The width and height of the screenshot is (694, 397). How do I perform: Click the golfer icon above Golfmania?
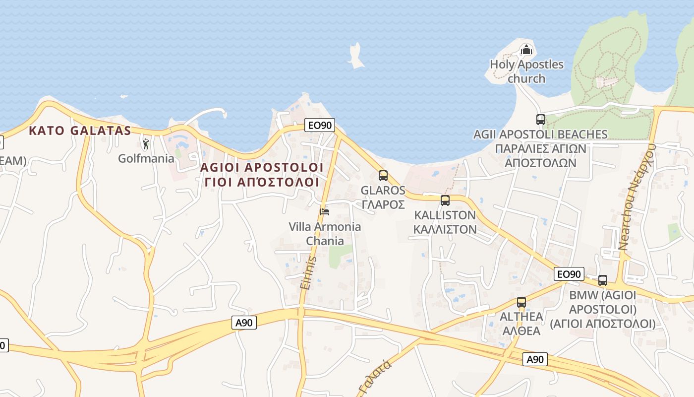point(146,144)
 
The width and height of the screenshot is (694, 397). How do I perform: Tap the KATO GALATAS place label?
point(80,131)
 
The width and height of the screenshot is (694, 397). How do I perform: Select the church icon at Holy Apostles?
point(525,50)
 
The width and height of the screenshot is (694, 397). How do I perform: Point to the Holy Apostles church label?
point(526,71)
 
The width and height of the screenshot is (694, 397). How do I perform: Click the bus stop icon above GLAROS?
point(383,175)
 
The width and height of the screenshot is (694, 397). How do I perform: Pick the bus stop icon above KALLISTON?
point(445,200)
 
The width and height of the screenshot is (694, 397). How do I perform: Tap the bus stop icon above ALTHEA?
point(521,302)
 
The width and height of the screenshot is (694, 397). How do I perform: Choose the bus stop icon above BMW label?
point(603,280)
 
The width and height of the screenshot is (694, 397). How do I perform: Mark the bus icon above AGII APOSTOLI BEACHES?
point(540,119)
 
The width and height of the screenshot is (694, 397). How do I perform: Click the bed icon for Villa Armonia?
point(325,211)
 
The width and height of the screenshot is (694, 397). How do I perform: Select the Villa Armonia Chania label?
point(325,234)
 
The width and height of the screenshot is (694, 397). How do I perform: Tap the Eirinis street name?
point(308,273)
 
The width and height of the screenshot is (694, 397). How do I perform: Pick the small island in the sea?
point(356,55)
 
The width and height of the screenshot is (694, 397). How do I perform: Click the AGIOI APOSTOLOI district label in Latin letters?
point(261,167)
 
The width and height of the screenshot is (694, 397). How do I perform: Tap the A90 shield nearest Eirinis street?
point(244,323)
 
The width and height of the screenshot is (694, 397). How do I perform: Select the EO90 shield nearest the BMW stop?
point(569,274)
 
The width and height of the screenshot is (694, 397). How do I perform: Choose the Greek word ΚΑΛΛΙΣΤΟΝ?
point(445,229)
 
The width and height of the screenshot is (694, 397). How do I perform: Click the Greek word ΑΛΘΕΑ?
point(521,331)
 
